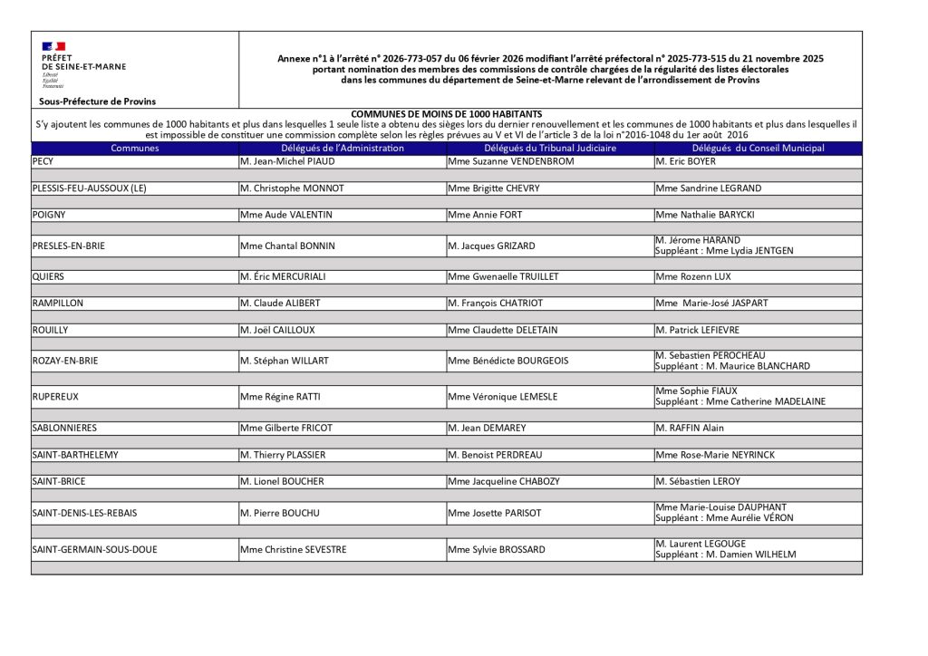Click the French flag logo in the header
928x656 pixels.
click(53, 46)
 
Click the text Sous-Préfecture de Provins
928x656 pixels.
click(97, 101)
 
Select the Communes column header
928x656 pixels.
click(135, 148)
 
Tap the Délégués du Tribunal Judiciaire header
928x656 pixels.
click(549, 148)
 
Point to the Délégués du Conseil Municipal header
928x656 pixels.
click(758, 148)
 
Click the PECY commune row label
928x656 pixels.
click(43, 161)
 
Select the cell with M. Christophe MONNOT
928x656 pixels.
click(292, 188)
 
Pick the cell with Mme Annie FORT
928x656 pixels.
click(485, 215)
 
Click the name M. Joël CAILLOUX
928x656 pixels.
click(277, 330)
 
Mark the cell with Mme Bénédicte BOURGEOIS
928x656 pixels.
click(508, 361)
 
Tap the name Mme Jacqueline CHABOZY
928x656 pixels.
click(504, 481)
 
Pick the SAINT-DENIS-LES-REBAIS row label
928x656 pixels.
click(85, 513)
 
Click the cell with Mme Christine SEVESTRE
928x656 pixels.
click(293, 549)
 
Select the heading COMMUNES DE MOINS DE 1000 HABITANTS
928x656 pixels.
click(446, 113)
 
